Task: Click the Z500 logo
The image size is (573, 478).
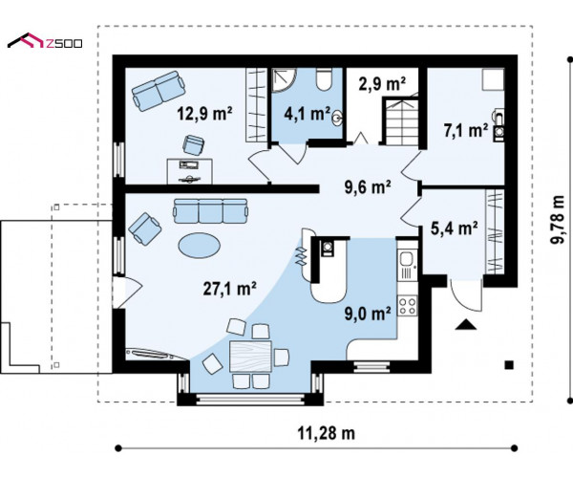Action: [x=45, y=42]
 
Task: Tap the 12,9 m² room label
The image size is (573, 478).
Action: [x=205, y=113]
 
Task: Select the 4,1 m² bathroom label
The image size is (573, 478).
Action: [x=308, y=114]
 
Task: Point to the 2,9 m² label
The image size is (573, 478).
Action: [x=382, y=84]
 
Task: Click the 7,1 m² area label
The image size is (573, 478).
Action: [x=466, y=131]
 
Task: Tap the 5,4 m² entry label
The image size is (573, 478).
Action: [x=455, y=228]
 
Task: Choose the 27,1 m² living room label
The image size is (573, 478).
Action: [x=229, y=288]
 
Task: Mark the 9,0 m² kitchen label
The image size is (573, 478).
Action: [x=368, y=314]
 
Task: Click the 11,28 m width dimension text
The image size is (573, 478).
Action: [x=326, y=433]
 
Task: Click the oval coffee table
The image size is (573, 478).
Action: [x=200, y=246]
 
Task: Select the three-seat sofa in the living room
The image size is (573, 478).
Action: [x=211, y=211]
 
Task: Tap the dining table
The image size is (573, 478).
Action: [x=250, y=357]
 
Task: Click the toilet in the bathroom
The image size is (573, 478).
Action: [x=324, y=79]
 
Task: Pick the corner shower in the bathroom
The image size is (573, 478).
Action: [x=284, y=80]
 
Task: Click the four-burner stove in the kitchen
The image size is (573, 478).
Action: [x=408, y=306]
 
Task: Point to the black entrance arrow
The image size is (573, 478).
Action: [x=466, y=325]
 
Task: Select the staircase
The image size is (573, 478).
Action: [x=400, y=120]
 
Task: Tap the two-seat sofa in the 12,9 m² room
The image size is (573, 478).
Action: [x=159, y=91]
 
